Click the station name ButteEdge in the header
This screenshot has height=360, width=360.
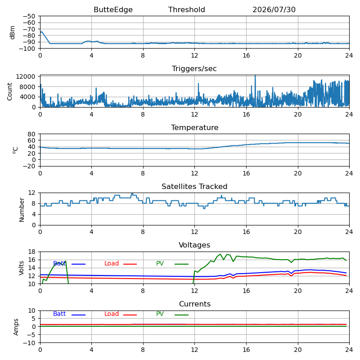tap(113, 9)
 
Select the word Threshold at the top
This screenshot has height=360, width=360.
tap(186, 9)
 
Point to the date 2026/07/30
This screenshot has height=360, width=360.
tap(274, 9)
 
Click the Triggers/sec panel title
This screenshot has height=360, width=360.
tap(194, 69)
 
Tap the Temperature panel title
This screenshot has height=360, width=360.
tap(194, 127)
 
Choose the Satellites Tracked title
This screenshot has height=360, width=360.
tap(194, 186)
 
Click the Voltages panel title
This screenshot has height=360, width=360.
tap(194, 245)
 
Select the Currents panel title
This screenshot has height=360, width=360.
tap(195, 304)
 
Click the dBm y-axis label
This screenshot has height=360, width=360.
tap(13, 32)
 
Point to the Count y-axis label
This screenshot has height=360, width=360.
tap(9, 92)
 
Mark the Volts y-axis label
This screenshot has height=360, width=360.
tap(21, 268)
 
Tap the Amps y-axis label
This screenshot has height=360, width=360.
tap(16, 327)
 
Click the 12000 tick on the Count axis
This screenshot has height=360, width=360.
tap(26, 76)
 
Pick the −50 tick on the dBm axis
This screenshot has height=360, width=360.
tap(29, 16)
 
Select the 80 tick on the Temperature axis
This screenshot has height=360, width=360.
tap(31, 134)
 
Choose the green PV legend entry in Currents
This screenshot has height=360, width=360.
tap(172, 314)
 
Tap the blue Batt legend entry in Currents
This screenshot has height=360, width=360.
tap(69, 314)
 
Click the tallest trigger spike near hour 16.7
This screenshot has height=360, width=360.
tap(255, 76)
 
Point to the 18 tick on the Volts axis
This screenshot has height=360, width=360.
tap(31, 252)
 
